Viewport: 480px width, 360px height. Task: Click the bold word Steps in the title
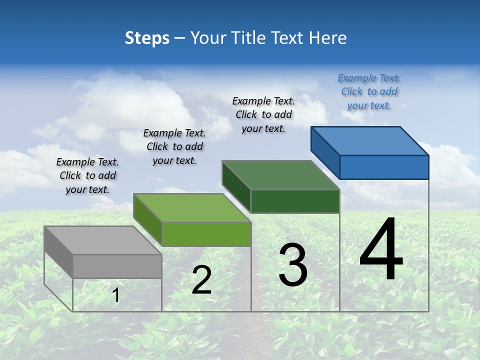(147, 38)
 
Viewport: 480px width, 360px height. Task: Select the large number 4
(381, 250)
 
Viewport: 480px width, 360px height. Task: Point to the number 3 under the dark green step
(293, 265)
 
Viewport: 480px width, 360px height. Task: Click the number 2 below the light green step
(201, 280)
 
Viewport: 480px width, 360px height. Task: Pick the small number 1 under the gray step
(116, 295)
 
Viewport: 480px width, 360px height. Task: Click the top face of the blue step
(370, 140)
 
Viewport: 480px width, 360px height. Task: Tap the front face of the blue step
(384, 167)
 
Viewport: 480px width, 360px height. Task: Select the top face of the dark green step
(281, 175)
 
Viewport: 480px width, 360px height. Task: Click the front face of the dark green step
(295, 201)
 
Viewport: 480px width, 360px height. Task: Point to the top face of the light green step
(192, 208)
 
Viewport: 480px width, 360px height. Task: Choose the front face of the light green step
(206, 234)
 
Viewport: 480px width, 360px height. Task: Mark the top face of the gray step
(103, 240)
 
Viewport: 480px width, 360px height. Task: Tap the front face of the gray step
(117, 266)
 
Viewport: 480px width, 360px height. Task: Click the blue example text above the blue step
(369, 91)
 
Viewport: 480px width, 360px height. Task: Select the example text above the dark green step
(264, 114)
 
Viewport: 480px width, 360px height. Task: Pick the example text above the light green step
(174, 146)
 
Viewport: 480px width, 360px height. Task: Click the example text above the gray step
(87, 175)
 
